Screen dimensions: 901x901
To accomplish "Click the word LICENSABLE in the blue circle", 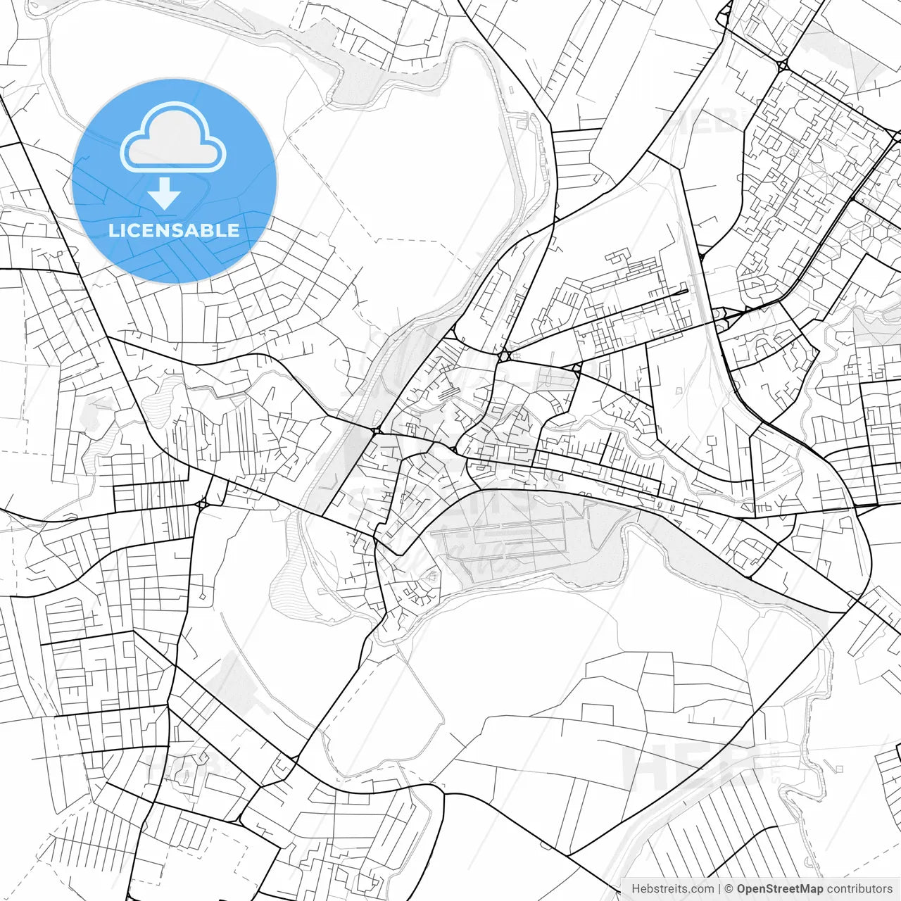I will pos(174,230).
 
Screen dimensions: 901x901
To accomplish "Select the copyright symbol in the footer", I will pos(729,889).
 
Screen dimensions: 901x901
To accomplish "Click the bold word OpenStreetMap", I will pos(779,889).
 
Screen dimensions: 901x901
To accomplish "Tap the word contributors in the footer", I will pos(859,889).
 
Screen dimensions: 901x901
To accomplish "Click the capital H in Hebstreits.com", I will pos(636,889).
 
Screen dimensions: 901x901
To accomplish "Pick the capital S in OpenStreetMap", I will pos(769,889).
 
